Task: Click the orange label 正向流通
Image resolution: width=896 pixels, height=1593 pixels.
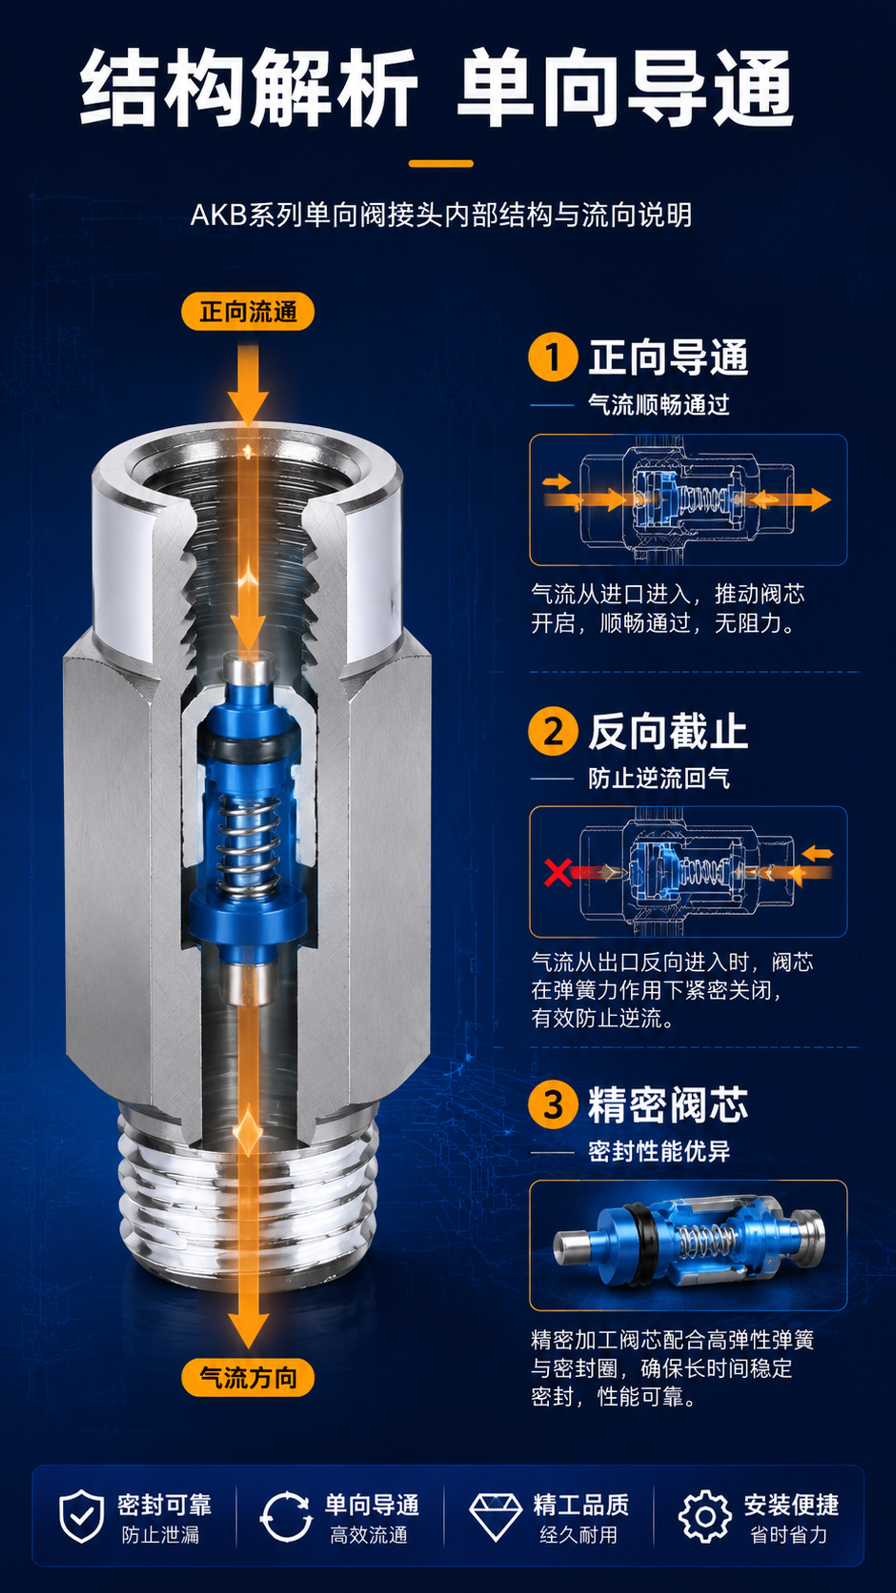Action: pos(247,311)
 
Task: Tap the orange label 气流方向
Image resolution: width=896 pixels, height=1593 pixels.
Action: pos(247,1377)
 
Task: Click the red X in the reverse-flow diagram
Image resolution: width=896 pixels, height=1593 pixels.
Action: pos(558,872)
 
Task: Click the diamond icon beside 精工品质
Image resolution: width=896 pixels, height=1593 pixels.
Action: pos(495,1516)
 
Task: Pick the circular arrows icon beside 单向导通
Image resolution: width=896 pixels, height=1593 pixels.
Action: pos(286,1516)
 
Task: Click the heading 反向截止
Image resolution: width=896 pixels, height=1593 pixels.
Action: pos(668,731)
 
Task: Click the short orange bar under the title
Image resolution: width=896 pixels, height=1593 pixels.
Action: pos(441,164)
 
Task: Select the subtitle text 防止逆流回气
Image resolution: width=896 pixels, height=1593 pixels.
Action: pos(659,778)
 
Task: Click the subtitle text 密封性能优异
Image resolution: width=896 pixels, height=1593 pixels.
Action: pos(659,1152)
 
